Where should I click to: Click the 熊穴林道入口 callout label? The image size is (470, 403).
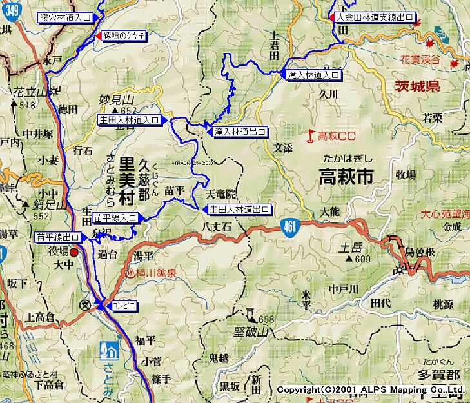(64, 17)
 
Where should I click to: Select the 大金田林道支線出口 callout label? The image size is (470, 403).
(375, 17)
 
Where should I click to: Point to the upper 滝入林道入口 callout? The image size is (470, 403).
(313, 75)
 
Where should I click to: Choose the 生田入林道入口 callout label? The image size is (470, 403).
(129, 119)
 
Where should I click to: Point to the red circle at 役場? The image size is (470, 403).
(74, 252)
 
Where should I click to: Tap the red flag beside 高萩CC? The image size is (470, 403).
(311, 135)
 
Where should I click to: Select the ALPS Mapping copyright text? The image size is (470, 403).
(371, 389)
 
